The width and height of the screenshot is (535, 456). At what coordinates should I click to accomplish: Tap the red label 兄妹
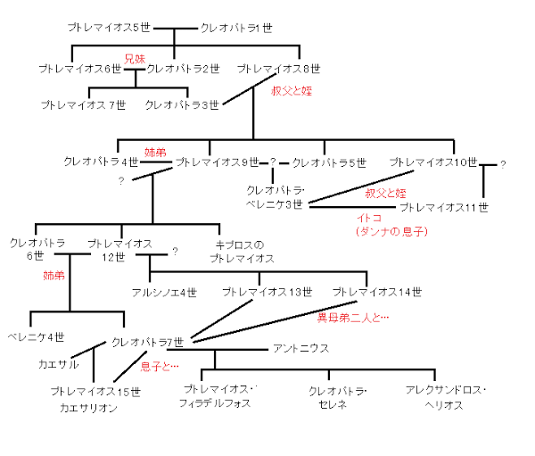click(134, 58)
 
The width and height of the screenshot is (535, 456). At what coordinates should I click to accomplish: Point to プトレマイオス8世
click(278, 69)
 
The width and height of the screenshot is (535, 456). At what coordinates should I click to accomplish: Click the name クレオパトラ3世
click(182, 105)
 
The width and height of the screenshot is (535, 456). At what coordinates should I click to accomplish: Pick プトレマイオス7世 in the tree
click(83, 105)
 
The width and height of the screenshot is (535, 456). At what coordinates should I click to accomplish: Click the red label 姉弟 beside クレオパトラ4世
click(155, 153)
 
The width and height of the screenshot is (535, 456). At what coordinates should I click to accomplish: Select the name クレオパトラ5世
click(329, 162)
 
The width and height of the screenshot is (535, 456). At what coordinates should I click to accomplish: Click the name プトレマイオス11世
click(444, 207)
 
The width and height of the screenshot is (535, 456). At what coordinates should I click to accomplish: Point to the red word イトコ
click(368, 219)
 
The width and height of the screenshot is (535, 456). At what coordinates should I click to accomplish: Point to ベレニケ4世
click(35, 336)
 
